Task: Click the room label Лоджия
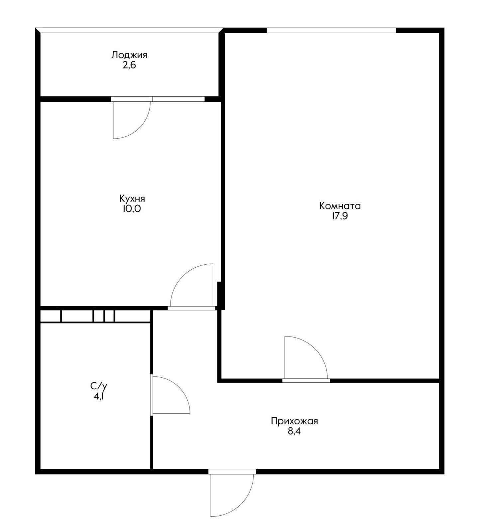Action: pyautogui.click(x=129, y=55)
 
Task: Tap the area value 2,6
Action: pyautogui.click(x=129, y=65)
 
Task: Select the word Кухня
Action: pyautogui.click(x=132, y=199)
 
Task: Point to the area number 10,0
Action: pyautogui.click(x=132, y=209)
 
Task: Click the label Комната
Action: pyautogui.click(x=340, y=206)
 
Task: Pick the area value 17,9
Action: pyautogui.click(x=339, y=216)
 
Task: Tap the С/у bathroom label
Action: pyautogui.click(x=99, y=386)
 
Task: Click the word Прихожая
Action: pyautogui.click(x=294, y=421)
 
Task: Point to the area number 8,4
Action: pyautogui.click(x=294, y=432)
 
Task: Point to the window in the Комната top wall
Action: pyautogui.click(x=331, y=31)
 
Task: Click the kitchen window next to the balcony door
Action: pyautogui.click(x=179, y=99)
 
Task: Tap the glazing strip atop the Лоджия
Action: pyautogui.click(x=130, y=30)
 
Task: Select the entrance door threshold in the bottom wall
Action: pyautogui.click(x=232, y=471)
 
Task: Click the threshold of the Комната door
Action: pyautogui.click(x=306, y=381)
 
